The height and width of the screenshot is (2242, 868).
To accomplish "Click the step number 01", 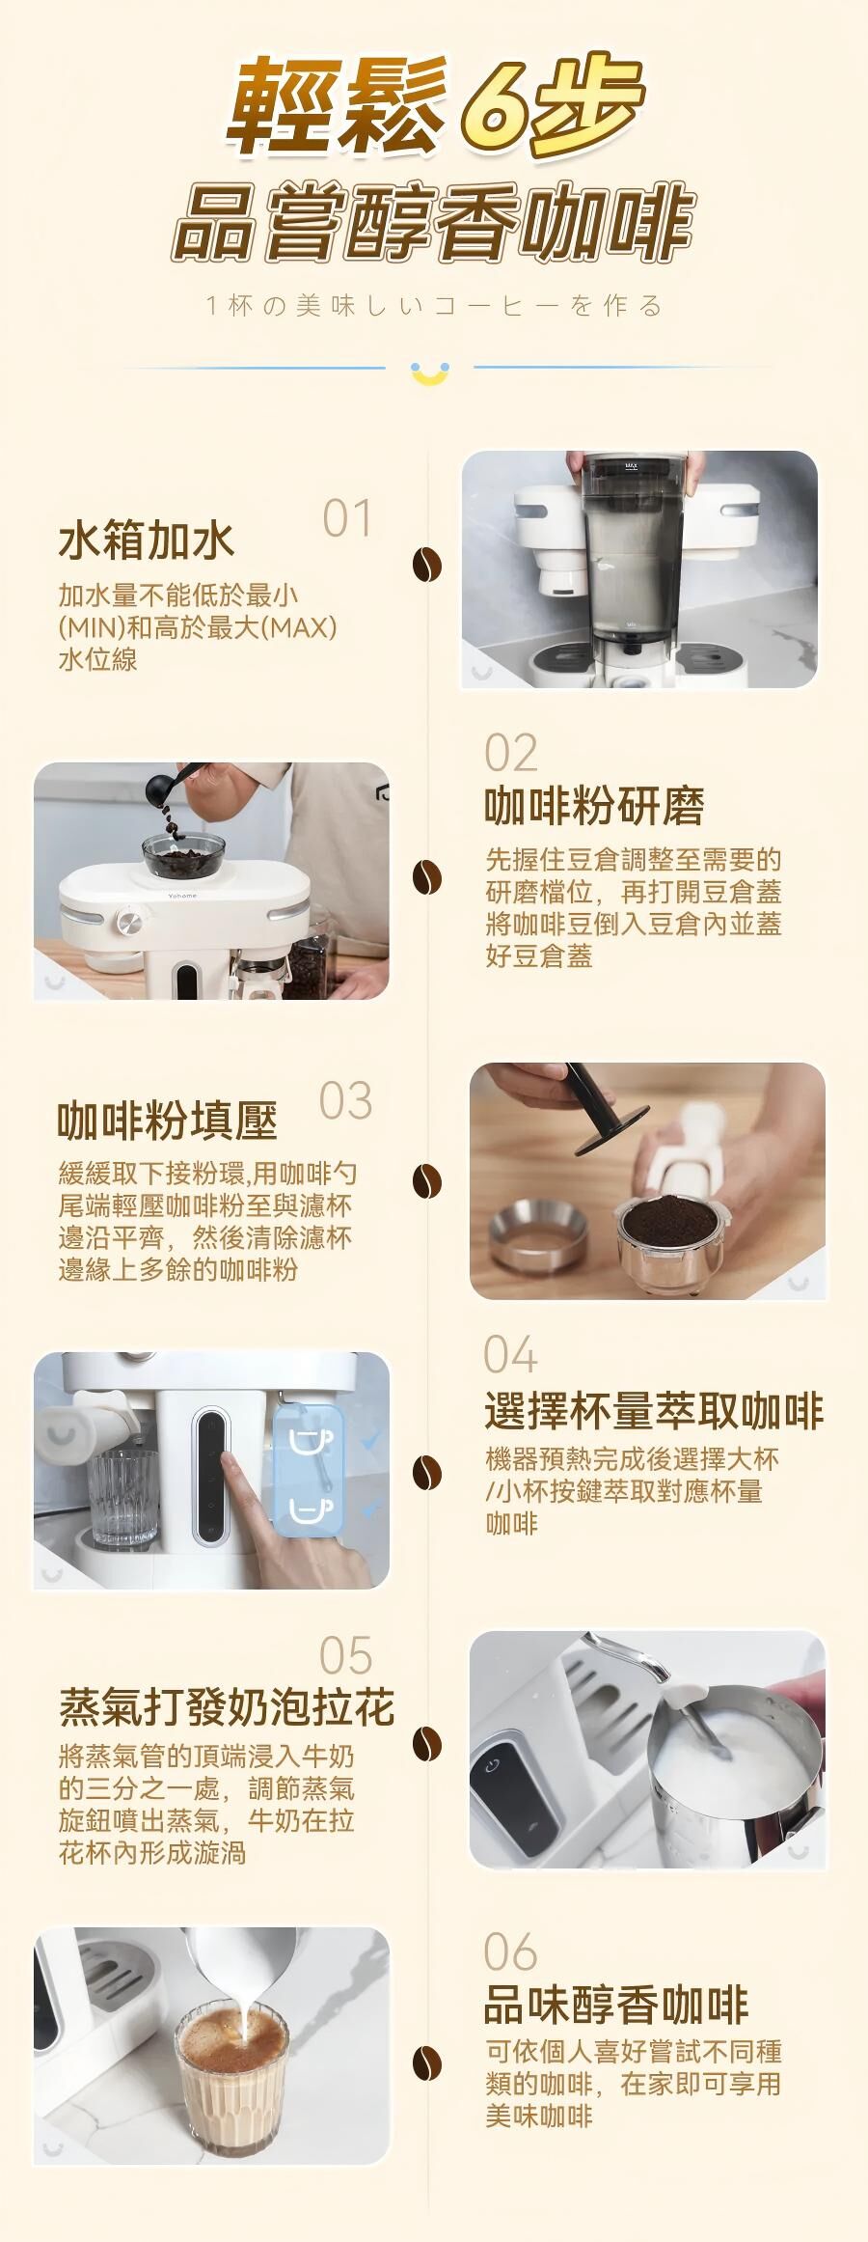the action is coord(346,518).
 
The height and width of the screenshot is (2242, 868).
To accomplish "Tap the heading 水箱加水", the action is coord(147,540).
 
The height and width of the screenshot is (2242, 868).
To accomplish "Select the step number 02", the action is coord(511,753).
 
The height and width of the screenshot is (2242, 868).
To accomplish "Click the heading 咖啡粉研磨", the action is coord(594,807).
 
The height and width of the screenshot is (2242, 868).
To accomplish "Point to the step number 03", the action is coord(345,1101).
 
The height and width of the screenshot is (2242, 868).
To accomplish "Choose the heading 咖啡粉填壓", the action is coord(168,1121).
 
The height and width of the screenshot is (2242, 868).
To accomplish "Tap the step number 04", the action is coord(510,1355).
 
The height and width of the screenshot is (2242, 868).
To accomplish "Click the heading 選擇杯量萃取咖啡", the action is coord(654,1412).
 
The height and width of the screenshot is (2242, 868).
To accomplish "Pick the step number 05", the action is coord(345,1656).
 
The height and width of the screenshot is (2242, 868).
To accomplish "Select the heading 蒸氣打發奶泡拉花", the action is coord(227,1707).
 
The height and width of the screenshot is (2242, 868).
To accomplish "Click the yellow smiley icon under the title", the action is coord(429,373).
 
